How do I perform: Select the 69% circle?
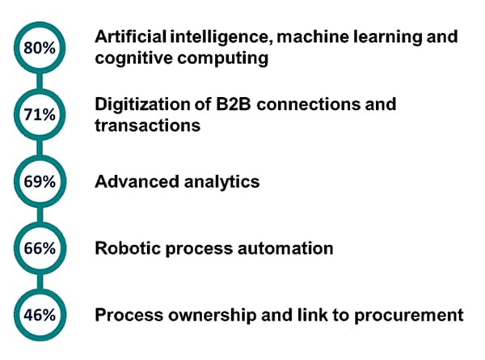pos(39,182)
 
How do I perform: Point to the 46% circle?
pos(39,315)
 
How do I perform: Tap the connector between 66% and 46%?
pos(39,282)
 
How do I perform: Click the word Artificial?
pos(128,37)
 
